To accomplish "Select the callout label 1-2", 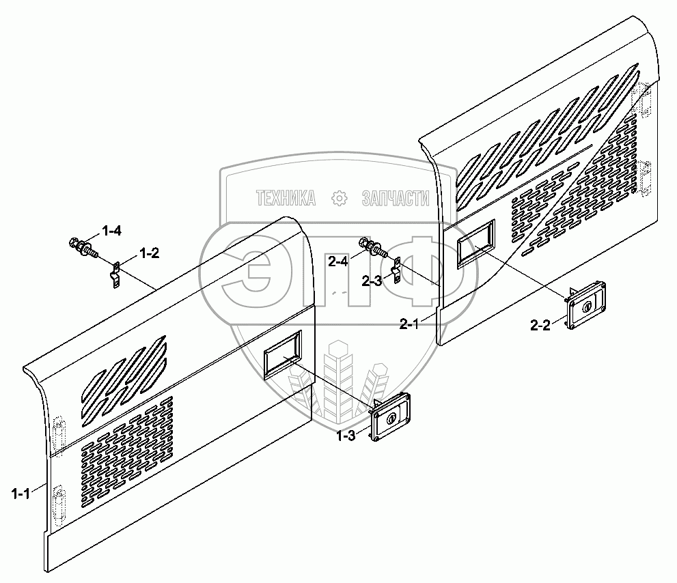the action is pyautogui.click(x=149, y=254).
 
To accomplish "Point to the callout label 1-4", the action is pyautogui.click(x=111, y=231).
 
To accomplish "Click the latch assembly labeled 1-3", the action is pyautogui.click(x=390, y=418).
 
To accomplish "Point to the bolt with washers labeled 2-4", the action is pyautogui.click(x=372, y=247).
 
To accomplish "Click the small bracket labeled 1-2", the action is pyautogui.click(x=115, y=274).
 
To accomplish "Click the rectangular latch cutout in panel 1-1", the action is pyautogui.click(x=281, y=354).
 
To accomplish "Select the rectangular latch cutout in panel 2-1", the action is pyautogui.click(x=476, y=242).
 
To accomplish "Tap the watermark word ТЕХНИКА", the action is pyautogui.click(x=286, y=199).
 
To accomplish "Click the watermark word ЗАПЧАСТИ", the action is pyautogui.click(x=395, y=199).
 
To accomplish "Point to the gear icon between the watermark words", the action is pyautogui.click(x=338, y=199).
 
